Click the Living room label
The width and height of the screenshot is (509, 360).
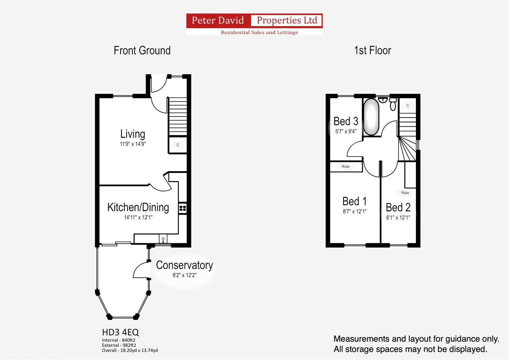[x=133, y=134]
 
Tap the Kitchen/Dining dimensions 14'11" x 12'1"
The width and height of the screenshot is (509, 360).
[x=138, y=217]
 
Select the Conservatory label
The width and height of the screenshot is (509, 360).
[x=185, y=265]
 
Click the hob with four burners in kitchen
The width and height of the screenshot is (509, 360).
[x=183, y=208]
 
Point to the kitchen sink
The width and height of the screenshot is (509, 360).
[x=163, y=239]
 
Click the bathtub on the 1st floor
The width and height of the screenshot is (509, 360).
[x=371, y=117]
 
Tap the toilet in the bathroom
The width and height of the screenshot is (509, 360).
[x=393, y=104]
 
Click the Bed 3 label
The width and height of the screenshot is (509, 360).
[x=346, y=121]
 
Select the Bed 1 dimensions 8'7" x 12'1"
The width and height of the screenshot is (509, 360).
[x=355, y=212]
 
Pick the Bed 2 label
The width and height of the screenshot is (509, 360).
[x=398, y=207]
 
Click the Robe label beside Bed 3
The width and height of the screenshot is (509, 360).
[x=346, y=167]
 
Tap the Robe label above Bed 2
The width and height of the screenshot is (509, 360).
[x=405, y=193]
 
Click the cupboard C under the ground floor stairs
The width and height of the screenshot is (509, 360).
[x=178, y=145]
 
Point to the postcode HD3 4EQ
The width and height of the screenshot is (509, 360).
[x=120, y=332]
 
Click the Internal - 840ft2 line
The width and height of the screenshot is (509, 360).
[x=119, y=340]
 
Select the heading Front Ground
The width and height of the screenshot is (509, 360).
[x=142, y=50]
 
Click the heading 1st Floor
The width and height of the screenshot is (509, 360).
[x=373, y=50]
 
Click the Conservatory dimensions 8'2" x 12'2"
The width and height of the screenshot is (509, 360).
[x=185, y=275]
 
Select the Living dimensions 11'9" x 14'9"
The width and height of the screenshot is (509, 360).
[x=133, y=144]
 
